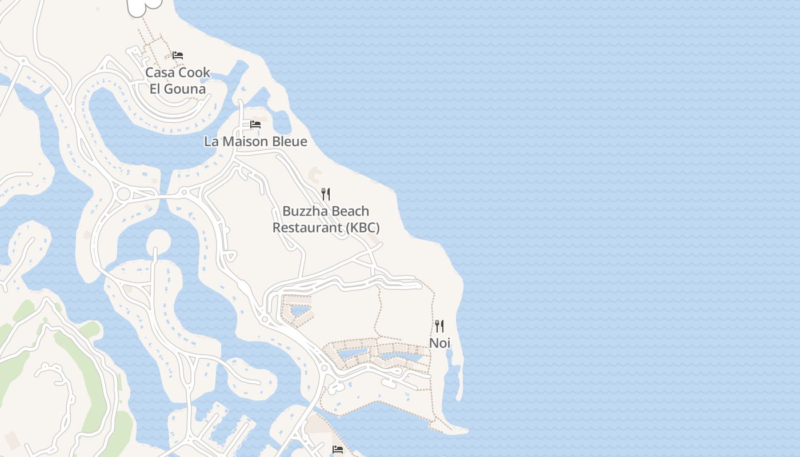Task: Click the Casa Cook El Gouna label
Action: click(x=178, y=81)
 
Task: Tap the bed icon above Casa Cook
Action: click(x=178, y=55)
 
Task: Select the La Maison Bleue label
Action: click(x=255, y=141)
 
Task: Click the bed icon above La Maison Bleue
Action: click(x=255, y=125)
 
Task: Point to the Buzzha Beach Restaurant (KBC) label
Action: click(x=326, y=219)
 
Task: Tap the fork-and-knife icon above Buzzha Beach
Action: click(x=326, y=194)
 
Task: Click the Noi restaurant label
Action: click(x=439, y=343)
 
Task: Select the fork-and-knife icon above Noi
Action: click(x=439, y=326)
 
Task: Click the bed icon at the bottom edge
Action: click(x=338, y=450)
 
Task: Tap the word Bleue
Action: click(x=290, y=141)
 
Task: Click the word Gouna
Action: click(x=185, y=89)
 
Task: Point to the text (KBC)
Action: click(x=362, y=227)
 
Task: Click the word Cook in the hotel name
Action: click(x=194, y=73)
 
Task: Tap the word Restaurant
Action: click(x=307, y=227)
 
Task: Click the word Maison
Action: click(x=246, y=141)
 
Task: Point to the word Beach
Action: click(x=350, y=211)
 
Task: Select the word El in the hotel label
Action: click(x=155, y=89)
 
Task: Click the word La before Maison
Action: click(x=211, y=141)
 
